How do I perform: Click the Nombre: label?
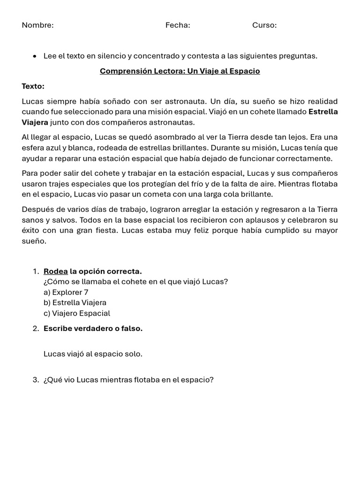[x=37, y=25]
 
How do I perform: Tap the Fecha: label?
[x=178, y=25]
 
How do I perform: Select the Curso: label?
[x=264, y=25]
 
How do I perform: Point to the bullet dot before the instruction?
[x=35, y=56]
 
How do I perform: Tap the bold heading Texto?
[x=33, y=86]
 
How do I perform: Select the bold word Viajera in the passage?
[x=35, y=122]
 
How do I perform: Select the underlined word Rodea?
[x=55, y=271]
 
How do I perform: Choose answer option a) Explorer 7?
[x=66, y=292]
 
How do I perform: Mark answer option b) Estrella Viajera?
[x=75, y=303]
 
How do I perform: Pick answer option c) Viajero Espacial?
[x=77, y=313]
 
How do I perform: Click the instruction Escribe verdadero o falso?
[x=93, y=329]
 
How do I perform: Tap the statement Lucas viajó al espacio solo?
[x=93, y=354]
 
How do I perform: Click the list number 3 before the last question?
[x=36, y=380]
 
